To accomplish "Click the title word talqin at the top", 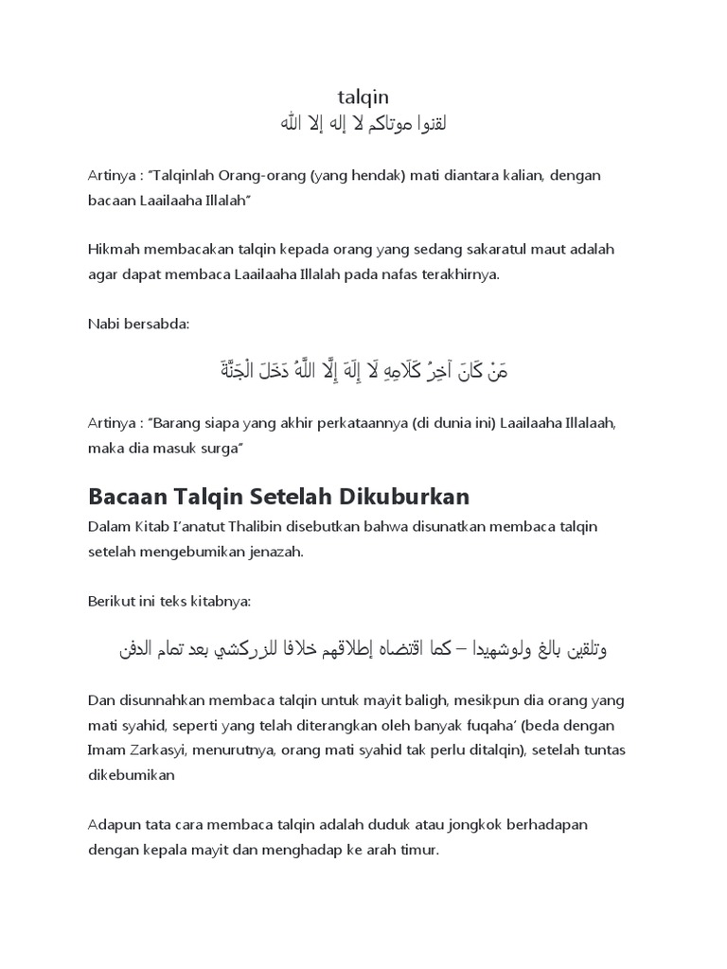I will pyautogui.click(x=363, y=97).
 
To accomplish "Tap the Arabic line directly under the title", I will pyautogui.click(x=363, y=124).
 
